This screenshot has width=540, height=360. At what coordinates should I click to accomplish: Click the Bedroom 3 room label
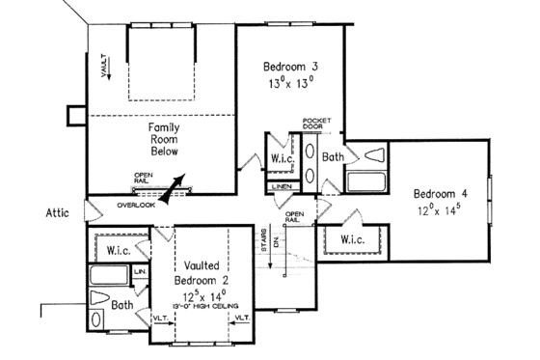[x=291, y=67]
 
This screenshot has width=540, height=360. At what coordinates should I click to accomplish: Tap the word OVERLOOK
[x=136, y=206]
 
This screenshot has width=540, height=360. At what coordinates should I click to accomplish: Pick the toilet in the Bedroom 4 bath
[x=374, y=154]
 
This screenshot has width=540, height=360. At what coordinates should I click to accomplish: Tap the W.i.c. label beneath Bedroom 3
[x=283, y=158]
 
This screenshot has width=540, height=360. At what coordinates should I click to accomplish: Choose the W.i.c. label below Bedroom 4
[x=353, y=238]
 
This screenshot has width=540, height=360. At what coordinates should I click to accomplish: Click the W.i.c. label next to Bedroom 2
[x=119, y=250]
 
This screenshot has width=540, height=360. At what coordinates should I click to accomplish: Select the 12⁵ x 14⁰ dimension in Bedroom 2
[x=202, y=293]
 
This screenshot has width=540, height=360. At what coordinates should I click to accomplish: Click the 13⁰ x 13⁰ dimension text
[x=291, y=83]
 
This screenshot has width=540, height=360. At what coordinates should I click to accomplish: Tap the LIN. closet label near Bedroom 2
[x=140, y=273]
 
